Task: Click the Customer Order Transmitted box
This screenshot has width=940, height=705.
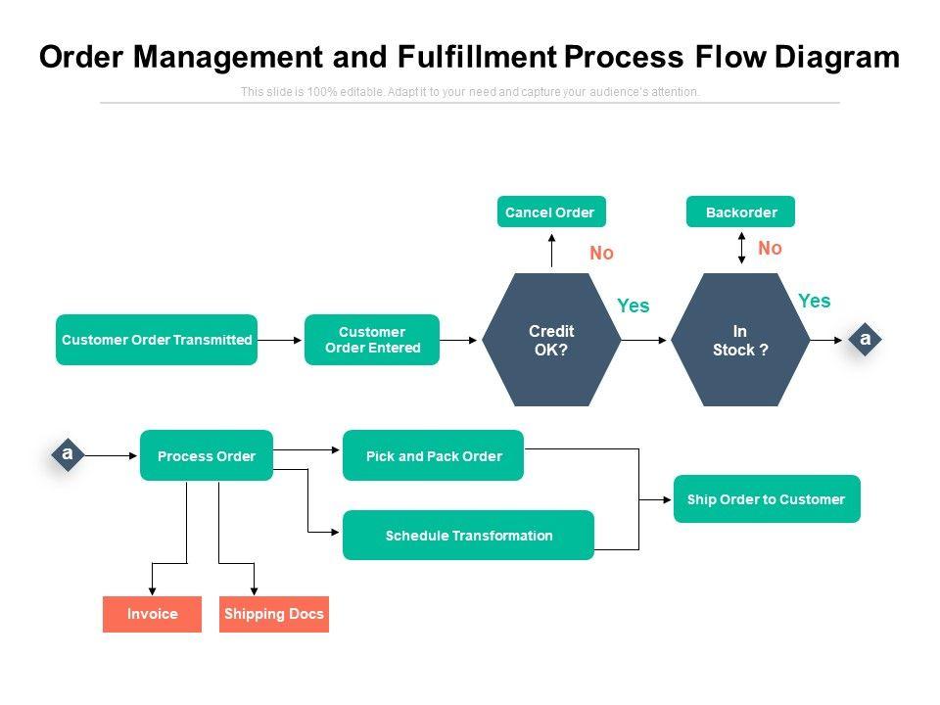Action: pyautogui.click(x=157, y=340)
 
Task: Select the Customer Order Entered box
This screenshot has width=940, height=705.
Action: pyautogui.click(x=372, y=340)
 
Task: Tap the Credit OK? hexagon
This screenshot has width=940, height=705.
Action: pyautogui.click(x=551, y=340)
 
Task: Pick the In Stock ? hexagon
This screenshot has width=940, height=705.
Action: pyautogui.click(x=740, y=340)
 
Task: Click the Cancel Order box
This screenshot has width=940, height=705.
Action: pyautogui.click(x=551, y=211)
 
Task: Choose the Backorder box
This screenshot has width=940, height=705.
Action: pyautogui.click(x=740, y=211)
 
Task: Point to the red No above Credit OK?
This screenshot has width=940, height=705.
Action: pyautogui.click(x=601, y=254)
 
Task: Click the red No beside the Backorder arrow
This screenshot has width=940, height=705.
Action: pyautogui.click(x=771, y=249)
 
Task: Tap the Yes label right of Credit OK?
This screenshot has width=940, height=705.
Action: pyautogui.click(x=634, y=306)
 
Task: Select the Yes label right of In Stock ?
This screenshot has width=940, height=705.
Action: pyautogui.click(x=814, y=302)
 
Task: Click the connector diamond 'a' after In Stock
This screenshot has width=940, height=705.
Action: pyautogui.click(x=865, y=339)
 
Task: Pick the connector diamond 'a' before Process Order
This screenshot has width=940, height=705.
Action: pyautogui.click(x=68, y=454)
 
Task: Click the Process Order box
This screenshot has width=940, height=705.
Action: pyautogui.click(x=207, y=455)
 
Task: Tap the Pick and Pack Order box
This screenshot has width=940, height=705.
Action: pyautogui.click(x=433, y=455)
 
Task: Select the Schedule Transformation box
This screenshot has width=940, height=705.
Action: pyautogui.click(x=468, y=536)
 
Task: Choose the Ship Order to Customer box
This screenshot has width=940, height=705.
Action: pyautogui.click(x=766, y=499)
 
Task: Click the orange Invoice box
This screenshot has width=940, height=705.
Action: pyautogui.click(x=152, y=614)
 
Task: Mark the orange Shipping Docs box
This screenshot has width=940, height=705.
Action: pyautogui.click(x=274, y=614)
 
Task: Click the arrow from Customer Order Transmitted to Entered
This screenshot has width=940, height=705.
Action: pyautogui.click(x=280, y=340)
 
